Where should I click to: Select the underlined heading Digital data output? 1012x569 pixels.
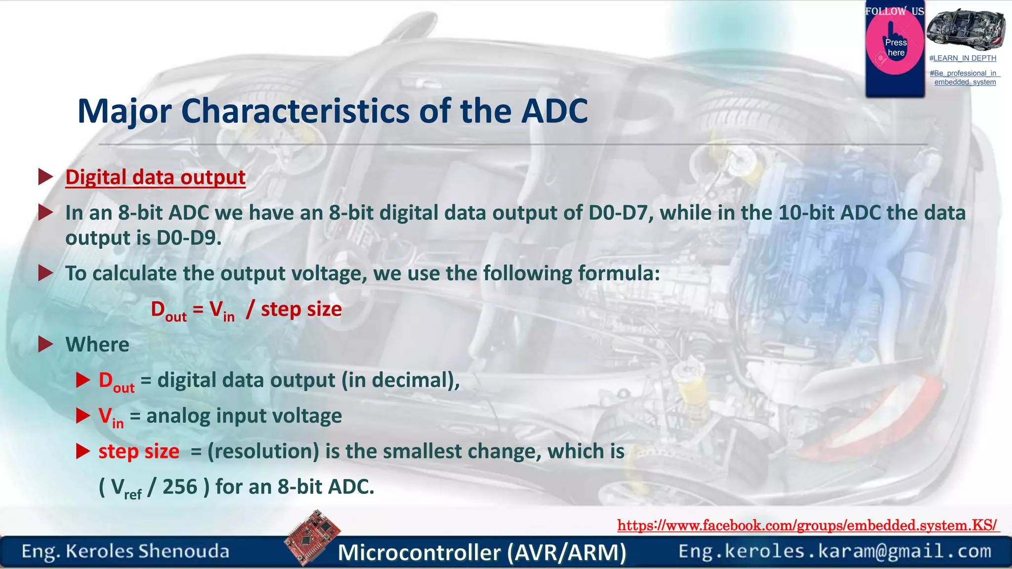[155, 177]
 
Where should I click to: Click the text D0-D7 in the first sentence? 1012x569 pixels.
[618, 213]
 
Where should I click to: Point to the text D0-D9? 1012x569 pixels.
[188, 238]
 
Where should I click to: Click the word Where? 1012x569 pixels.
[97, 344]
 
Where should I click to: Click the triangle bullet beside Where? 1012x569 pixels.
[45, 344]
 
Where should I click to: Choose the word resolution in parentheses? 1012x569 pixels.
[263, 451]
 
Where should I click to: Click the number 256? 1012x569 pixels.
[180, 487]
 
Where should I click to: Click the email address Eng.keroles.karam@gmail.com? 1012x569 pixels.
[835, 551]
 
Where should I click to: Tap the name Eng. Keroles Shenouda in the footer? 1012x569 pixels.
[126, 551]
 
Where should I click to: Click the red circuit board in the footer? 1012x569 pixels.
[312, 537]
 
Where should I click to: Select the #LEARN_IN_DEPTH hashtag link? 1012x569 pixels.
[963, 58]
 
